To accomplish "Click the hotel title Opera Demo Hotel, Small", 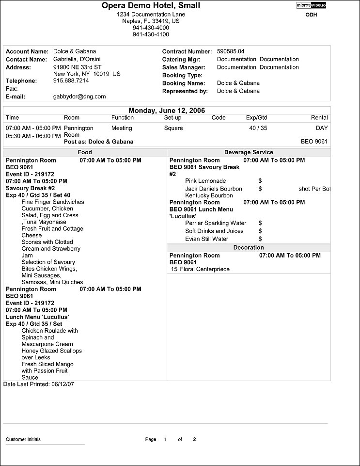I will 151,6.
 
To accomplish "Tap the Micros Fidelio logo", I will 311,5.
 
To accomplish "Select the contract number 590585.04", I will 231,51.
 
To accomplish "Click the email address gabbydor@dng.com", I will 79,96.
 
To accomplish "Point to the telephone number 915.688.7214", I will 71,80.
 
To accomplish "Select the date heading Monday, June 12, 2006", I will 167,111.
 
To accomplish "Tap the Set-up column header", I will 172,118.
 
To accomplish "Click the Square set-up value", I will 173,128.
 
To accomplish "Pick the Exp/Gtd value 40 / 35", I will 258,128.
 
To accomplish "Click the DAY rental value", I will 321,128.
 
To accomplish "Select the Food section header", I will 85,152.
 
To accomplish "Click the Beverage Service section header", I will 249,152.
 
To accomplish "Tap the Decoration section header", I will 249,247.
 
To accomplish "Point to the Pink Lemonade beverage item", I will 205,181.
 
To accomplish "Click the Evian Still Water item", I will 206,239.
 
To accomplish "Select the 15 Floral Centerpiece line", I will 200,269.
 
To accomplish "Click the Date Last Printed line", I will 39,384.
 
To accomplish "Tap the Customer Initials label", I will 23,439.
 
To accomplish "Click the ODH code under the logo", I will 311,15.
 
